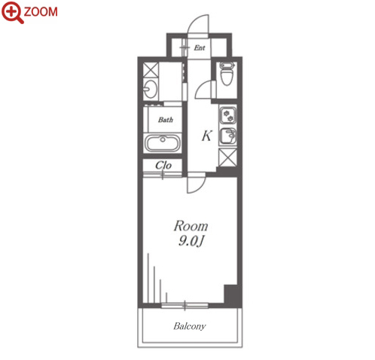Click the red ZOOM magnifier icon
pyautogui.click(x=12, y=12)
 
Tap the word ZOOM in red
pyautogui.click(x=41, y=12)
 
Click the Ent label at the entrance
pyautogui.click(x=200, y=47)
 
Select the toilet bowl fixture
pyautogui.click(x=227, y=74)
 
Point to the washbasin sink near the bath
pyautogui.click(x=150, y=89)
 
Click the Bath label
pyautogui.click(x=166, y=120)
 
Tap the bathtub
pyautogui.click(x=163, y=143)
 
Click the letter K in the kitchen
pyautogui.click(x=207, y=136)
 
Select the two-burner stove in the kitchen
pyautogui.click(x=228, y=115)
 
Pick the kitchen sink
pyautogui.click(x=228, y=136)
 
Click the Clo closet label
pyautogui.click(x=163, y=165)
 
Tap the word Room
pyautogui.click(x=191, y=226)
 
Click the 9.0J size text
pyautogui.click(x=191, y=241)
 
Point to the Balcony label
pyautogui.click(x=190, y=326)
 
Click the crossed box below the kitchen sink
pyautogui.click(x=227, y=157)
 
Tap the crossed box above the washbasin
pyautogui.click(x=151, y=70)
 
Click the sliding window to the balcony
pyautogui.click(x=184, y=306)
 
